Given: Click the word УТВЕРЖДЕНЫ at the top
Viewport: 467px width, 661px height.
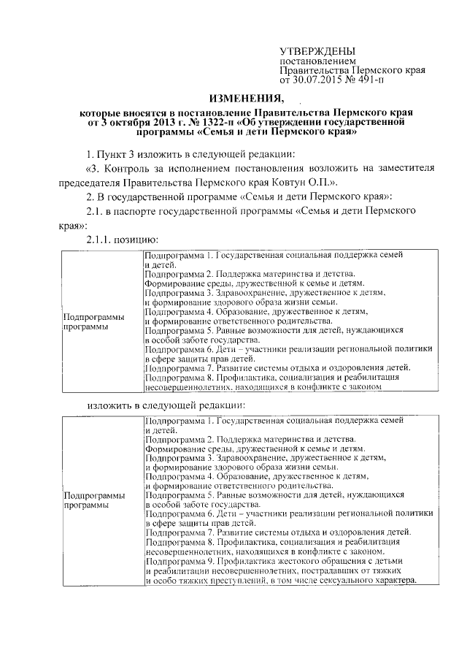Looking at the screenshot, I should point(319,51).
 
